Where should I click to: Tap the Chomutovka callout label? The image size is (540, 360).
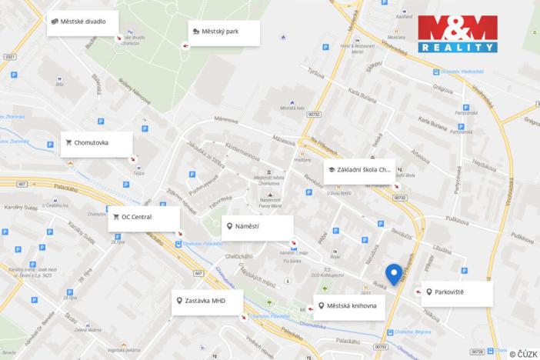pos(96,143)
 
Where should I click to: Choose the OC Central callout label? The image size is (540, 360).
pos(144,218)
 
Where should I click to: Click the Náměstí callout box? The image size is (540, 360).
pos(258,227)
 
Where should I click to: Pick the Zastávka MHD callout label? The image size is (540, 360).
pos(207,302)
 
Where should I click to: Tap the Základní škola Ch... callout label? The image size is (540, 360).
pos(360,170)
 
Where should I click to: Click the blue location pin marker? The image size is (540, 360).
pos(393,275)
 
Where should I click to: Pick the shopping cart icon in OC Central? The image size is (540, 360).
pos(116,218)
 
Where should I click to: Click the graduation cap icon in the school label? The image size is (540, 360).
pos(331,170)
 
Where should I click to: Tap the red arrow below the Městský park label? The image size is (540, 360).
pos(184,46)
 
